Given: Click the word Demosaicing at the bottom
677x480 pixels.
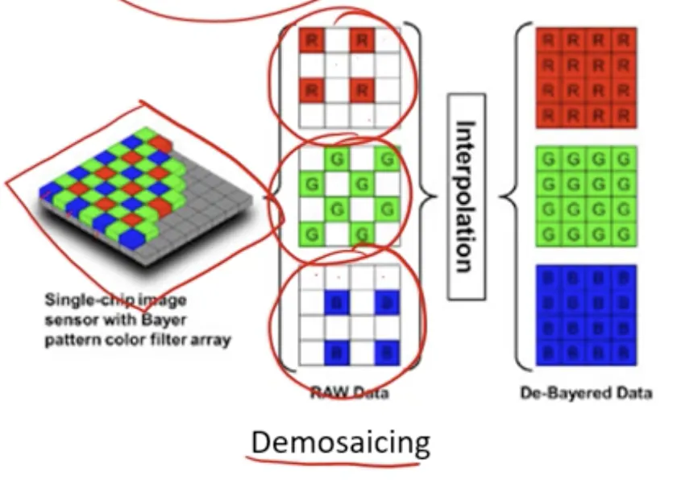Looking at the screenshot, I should pyautogui.click(x=340, y=442).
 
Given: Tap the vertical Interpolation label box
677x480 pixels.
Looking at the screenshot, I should pyautogui.click(x=466, y=197).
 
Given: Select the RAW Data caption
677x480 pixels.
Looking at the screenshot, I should pyautogui.click(x=350, y=394).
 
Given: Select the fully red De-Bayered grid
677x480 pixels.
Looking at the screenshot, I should pyautogui.click(x=586, y=77).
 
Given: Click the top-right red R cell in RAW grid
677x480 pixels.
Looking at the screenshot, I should pyautogui.click(x=363, y=39).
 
